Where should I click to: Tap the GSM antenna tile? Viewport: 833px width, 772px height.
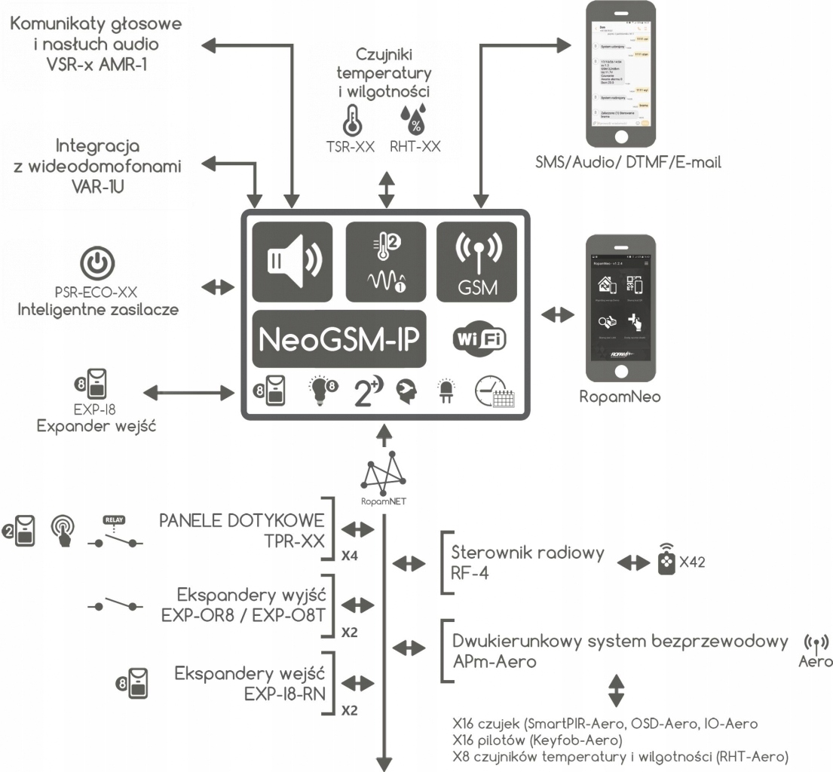coord(476,259)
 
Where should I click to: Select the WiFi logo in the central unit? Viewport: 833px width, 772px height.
coord(479,339)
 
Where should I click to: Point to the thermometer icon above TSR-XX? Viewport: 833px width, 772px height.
coord(351,120)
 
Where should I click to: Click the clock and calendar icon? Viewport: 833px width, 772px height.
coord(493,393)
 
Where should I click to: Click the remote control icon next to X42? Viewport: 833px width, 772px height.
coord(667,562)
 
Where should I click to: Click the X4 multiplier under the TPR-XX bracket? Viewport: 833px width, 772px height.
coord(349,557)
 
